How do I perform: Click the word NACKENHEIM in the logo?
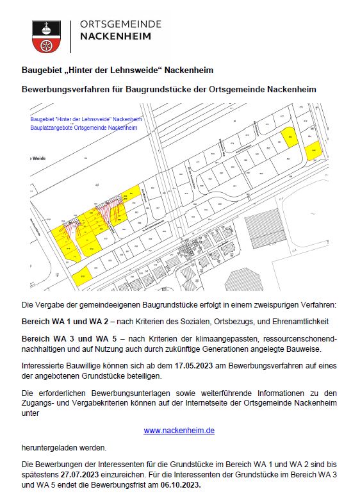click(115, 37)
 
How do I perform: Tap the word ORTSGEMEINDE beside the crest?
click(120, 24)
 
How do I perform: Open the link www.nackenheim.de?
click(179, 431)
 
